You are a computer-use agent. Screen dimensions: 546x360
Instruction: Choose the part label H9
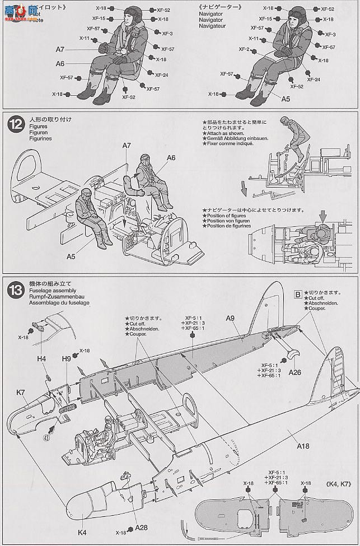click(66, 358)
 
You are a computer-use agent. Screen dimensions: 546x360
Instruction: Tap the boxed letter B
click(297, 292)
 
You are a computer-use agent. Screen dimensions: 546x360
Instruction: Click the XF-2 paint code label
click(244, 49)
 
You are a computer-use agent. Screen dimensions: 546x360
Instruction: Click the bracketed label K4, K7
click(338, 483)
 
